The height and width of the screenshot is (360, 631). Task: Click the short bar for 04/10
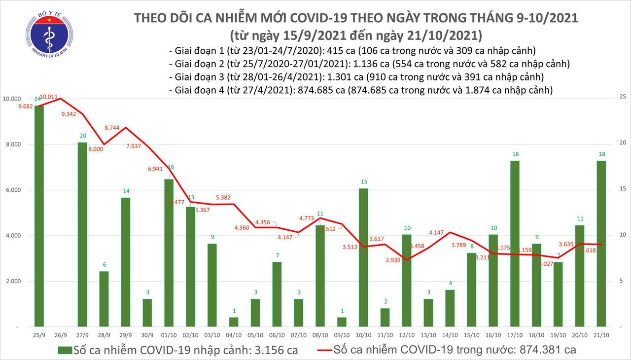pyautogui.click(x=234, y=322)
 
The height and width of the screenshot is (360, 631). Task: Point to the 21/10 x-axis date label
pyautogui.click(x=601, y=335)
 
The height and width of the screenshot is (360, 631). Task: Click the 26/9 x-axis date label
pyautogui.click(x=61, y=335)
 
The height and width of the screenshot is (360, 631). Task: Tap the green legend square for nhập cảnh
pyautogui.click(x=64, y=350)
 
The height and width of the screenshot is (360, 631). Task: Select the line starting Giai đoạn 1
pyautogui.click(x=351, y=50)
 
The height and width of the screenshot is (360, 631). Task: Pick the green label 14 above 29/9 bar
pyautogui.click(x=126, y=191)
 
